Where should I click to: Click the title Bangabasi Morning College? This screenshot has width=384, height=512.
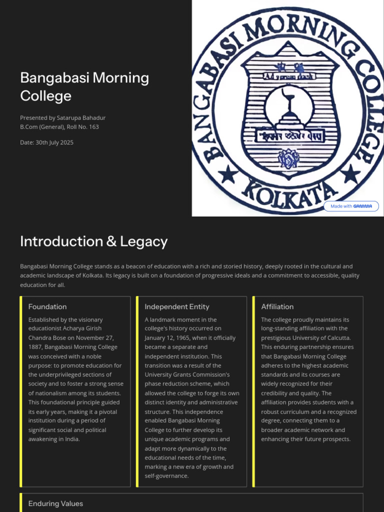84,86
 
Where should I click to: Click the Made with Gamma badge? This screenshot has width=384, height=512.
351,206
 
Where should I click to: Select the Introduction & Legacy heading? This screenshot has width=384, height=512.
93,241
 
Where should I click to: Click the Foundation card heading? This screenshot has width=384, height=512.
47,306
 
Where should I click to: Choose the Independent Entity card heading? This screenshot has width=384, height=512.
177,306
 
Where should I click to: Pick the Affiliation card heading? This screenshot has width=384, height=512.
277,306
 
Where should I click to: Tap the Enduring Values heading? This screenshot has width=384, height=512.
55,503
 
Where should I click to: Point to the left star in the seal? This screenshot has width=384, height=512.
228,174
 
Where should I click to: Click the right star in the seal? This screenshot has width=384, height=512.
351,174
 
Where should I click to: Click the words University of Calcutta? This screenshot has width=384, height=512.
327,338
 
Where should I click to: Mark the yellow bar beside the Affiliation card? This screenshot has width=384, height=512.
254,391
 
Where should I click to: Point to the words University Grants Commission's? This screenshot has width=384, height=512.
187,374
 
